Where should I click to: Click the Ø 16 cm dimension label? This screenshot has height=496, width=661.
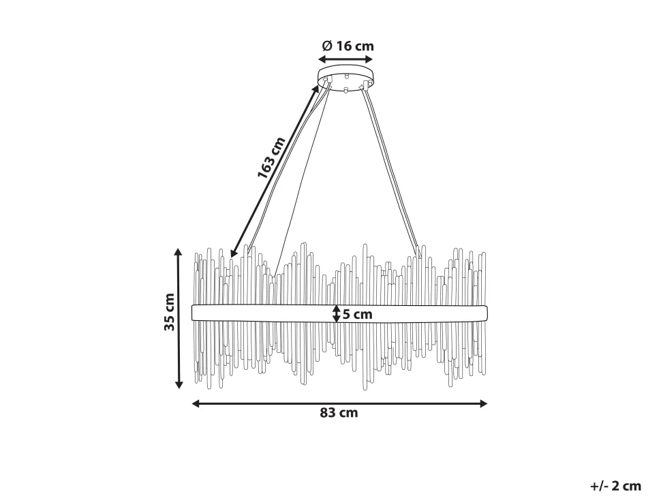point(348,46)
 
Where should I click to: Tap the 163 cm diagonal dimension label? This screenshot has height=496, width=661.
point(271,157)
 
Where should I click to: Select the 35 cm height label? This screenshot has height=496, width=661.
point(170,312)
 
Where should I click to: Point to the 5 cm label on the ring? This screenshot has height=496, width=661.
point(358,314)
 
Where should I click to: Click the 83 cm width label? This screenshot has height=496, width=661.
point(339,413)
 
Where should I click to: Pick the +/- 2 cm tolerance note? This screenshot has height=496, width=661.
point(616,486)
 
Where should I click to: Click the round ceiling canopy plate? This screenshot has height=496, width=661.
point(345,77)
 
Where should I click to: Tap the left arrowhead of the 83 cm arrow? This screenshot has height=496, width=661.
point(196,404)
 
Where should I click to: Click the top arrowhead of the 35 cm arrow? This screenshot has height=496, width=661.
point(179,252)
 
